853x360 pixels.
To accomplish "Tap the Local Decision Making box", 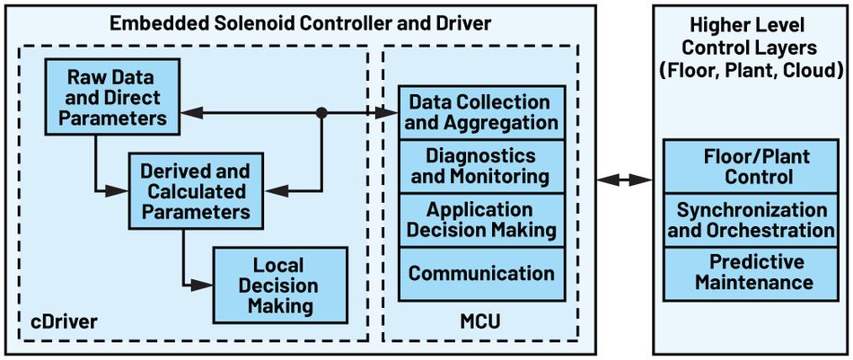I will [x=278, y=285].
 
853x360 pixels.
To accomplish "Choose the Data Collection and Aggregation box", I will [x=481, y=112].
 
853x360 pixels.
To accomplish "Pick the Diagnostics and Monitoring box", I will [x=481, y=166].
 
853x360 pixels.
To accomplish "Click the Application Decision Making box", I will [x=481, y=220].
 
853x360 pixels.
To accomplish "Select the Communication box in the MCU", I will [x=481, y=273].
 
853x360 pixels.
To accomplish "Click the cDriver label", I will [x=59, y=321].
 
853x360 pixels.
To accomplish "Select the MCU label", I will [x=480, y=321].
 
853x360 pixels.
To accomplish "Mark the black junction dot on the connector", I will [x=321, y=113].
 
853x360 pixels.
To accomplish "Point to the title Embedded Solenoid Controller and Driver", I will [x=300, y=22].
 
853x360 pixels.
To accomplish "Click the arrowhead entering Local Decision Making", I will [x=206, y=285].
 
